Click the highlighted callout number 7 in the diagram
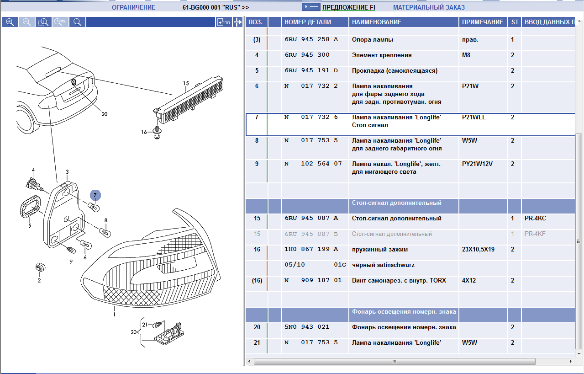(x=95, y=195)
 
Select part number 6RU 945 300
(x=307, y=55)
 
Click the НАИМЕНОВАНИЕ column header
(x=377, y=22)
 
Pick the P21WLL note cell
(x=474, y=118)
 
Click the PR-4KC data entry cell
(x=535, y=219)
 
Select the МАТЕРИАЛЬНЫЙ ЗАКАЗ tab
(x=429, y=7)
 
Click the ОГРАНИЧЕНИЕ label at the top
(x=133, y=7)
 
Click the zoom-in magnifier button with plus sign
(x=10, y=22)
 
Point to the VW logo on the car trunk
(x=74, y=82)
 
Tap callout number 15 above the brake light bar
(x=186, y=83)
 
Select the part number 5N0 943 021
(x=307, y=327)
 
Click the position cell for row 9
(x=257, y=164)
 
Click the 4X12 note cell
(x=469, y=280)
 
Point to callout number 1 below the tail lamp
(x=115, y=314)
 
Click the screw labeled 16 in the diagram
(x=157, y=132)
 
